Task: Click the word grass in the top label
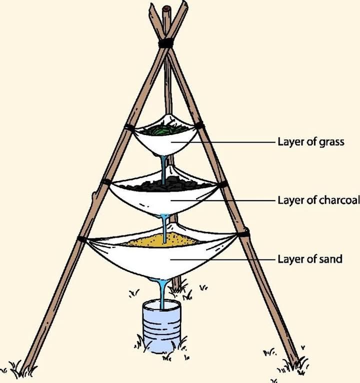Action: point(331,142)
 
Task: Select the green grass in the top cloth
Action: point(166,130)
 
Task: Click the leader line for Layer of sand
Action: point(225,259)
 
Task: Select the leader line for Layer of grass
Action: point(225,142)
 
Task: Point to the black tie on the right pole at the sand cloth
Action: point(243,233)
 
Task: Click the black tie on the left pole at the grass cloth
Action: point(129,127)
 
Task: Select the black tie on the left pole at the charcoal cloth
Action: point(106,182)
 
